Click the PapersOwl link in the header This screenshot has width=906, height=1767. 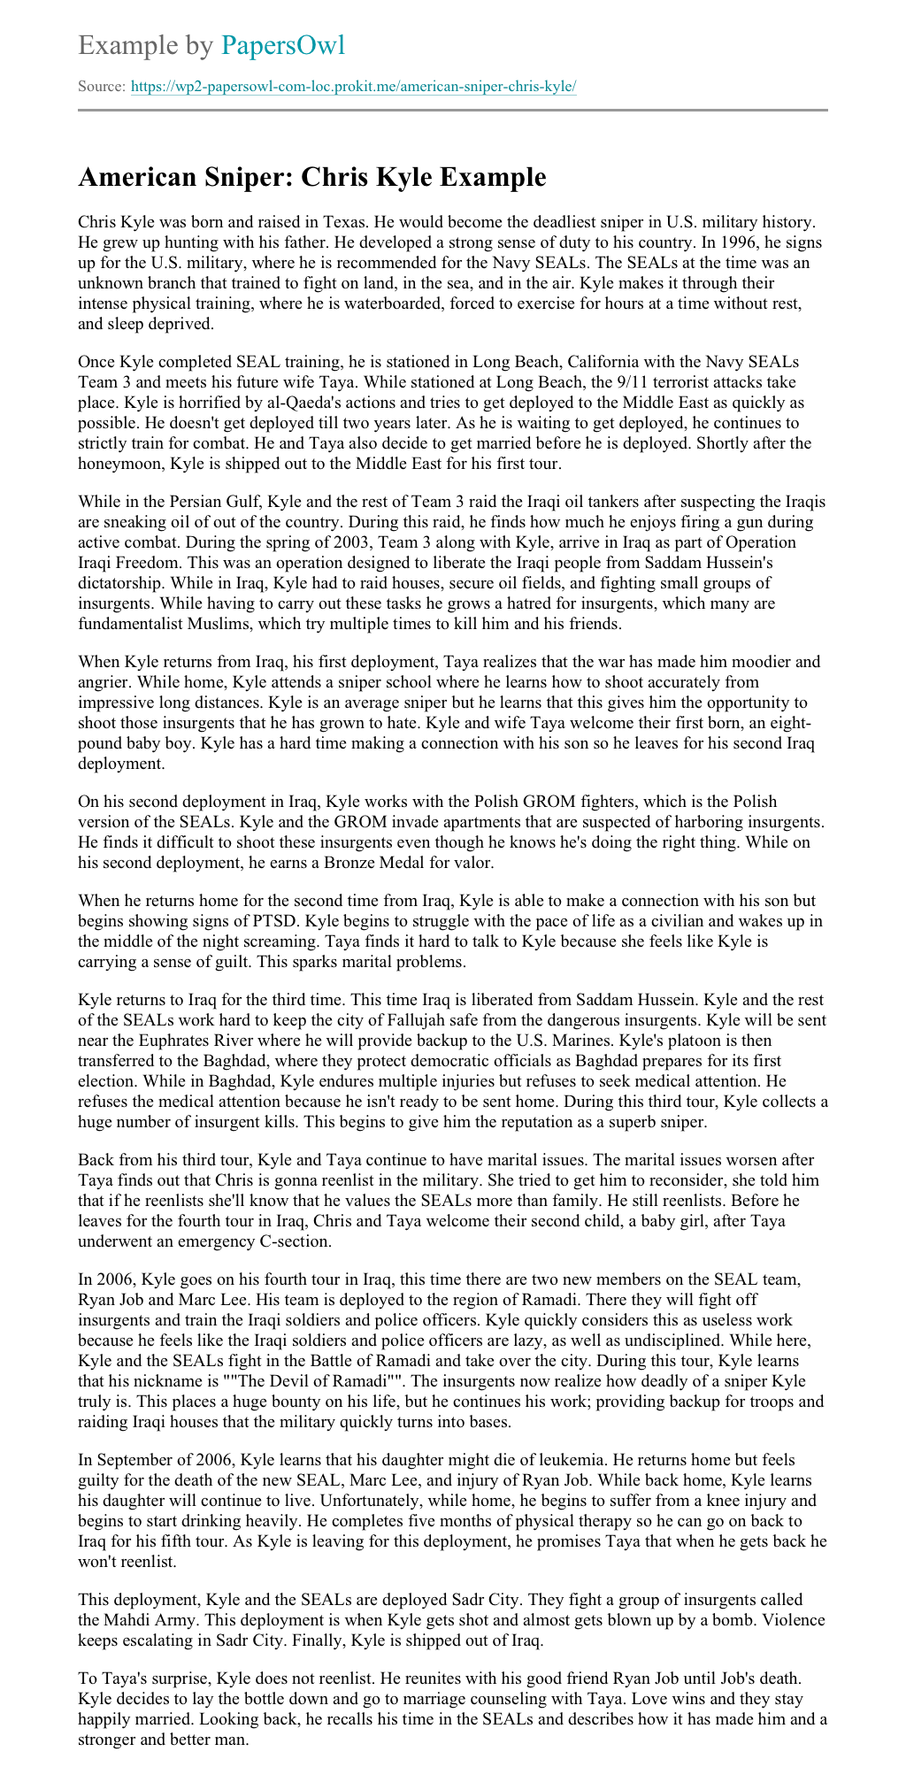click(x=283, y=46)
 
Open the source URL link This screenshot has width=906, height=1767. click(x=354, y=87)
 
